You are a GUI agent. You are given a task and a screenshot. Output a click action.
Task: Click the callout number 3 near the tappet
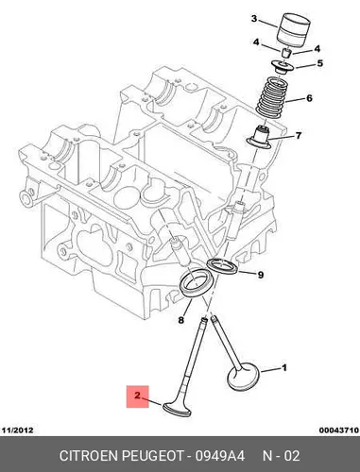254,19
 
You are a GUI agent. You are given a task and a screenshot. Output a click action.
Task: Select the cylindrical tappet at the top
293,27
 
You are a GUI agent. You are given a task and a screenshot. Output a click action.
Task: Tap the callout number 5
319,63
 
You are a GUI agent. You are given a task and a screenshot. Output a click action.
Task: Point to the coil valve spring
270,98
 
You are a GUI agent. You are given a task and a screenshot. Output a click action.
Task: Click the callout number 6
309,98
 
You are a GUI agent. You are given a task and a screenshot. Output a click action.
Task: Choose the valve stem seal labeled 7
259,138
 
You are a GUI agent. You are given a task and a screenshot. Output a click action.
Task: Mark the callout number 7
299,136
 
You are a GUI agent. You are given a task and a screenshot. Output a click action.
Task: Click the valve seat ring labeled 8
197,281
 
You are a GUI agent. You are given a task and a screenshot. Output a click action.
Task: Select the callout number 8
180,321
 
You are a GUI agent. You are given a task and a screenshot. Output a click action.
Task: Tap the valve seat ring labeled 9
223,266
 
